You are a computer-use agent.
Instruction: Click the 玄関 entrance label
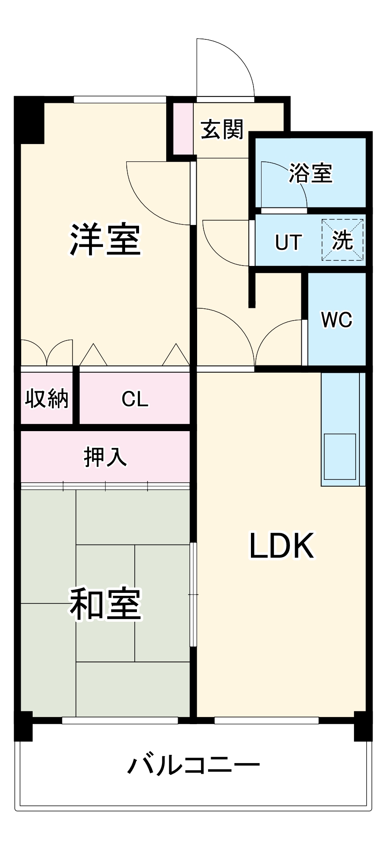point(222,129)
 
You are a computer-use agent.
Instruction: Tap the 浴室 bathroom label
point(310,173)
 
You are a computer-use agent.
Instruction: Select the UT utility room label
point(288,242)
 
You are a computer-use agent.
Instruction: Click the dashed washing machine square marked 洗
point(342,240)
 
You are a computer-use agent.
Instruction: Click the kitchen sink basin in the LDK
point(340,457)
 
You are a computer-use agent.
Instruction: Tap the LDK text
point(281,546)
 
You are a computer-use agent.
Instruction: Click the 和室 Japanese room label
point(105,603)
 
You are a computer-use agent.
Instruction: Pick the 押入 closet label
point(105,457)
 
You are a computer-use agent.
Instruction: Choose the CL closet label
point(135,399)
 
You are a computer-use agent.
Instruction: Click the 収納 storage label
point(47,398)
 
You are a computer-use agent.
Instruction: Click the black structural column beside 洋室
point(30,121)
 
